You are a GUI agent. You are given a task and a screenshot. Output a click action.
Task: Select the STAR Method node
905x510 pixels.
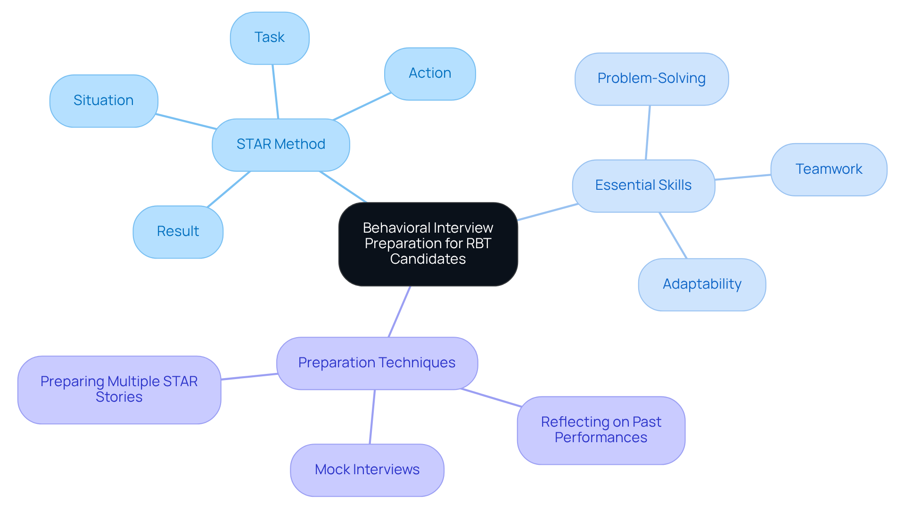(x=281, y=145)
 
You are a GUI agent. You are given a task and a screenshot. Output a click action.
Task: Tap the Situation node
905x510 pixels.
(x=104, y=101)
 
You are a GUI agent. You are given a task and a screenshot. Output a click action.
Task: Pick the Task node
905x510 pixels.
(x=270, y=38)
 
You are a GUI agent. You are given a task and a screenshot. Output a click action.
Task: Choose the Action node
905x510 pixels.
(x=430, y=73)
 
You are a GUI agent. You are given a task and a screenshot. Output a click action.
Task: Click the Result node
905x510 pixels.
(x=178, y=232)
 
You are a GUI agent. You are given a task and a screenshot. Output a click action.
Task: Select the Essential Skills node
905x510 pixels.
(x=643, y=186)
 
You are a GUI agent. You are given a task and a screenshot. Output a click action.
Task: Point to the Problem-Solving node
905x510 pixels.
(x=651, y=79)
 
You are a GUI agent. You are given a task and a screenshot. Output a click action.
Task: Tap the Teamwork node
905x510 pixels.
(x=829, y=170)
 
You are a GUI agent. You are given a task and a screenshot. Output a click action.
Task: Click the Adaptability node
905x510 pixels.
(x=702, y=284)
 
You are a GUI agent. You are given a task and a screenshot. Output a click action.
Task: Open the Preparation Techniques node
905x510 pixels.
(x=377, y=363)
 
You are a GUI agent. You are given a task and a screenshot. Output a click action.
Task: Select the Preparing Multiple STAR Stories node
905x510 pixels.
(x=119, y=389)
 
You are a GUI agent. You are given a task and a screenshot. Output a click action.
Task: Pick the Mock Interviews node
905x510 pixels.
(x=367, y=470)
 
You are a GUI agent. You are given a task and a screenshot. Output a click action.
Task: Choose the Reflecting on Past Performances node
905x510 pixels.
(x=601, y=430)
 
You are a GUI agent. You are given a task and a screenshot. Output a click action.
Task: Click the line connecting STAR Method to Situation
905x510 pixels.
(x=186, y=121)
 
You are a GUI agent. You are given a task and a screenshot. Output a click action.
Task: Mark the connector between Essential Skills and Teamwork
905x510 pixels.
(x=743, y=177)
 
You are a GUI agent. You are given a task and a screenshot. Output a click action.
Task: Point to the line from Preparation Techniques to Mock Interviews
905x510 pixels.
(x=372, y=417)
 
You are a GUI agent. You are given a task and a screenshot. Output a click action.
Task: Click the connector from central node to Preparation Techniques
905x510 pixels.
(x=399, y=312)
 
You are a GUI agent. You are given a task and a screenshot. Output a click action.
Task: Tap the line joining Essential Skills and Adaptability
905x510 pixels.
(x=673, y=235)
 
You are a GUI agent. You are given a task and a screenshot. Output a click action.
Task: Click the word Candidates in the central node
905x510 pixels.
(x=428, y=259)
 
